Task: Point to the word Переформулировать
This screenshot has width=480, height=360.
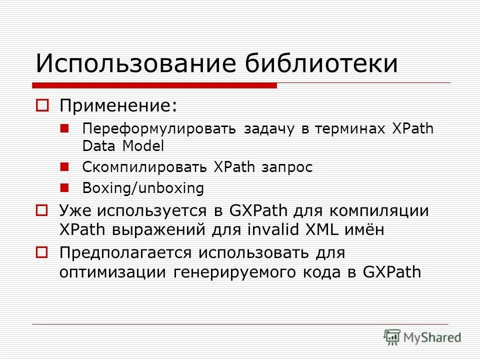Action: pos(159,129)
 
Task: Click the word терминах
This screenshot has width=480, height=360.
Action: pos(349,129)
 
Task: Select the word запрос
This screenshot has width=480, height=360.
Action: pos(286,167)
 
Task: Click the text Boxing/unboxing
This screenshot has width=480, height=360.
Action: pos(143,188)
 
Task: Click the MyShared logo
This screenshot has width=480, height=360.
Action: pos(422,337)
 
